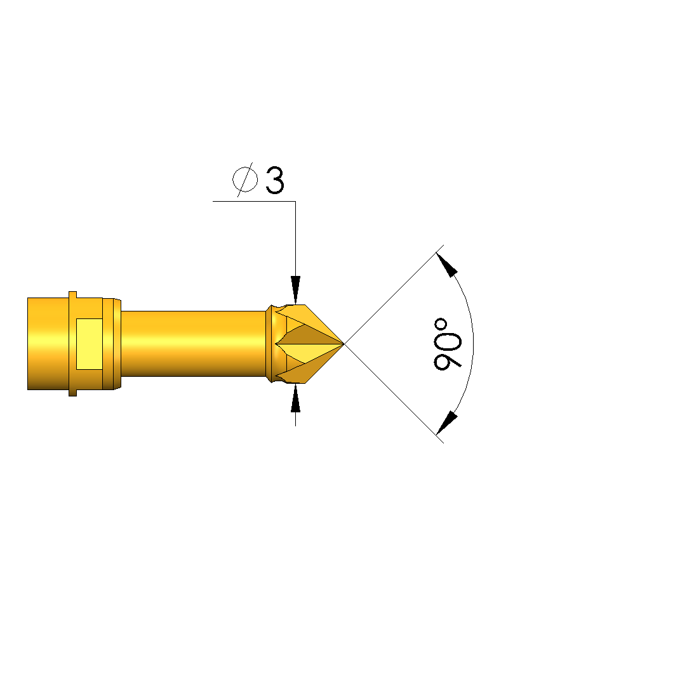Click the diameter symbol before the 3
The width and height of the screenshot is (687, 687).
[x=244, y=180]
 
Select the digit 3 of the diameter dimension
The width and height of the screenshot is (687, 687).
[x=275, y=180]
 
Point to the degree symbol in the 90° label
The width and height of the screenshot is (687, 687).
[x=441, y=325]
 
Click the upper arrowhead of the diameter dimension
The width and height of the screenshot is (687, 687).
[x=295, y=290]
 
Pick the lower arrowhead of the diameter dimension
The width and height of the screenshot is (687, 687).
[x=295, y=398]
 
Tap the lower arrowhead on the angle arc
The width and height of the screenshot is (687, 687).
[x=447, y=422]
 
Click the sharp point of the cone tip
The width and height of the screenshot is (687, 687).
[x=344, y=344]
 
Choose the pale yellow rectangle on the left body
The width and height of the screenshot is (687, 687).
[x=90, y=344]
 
